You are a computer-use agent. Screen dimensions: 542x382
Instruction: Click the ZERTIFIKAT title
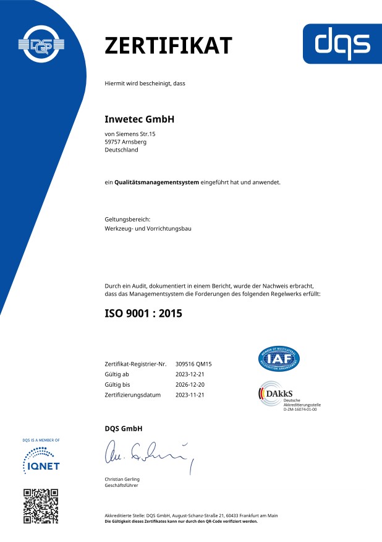(168, 45)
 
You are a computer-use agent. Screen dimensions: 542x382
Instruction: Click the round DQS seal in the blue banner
(43, 46)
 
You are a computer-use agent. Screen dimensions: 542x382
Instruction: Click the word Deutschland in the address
(122, 150)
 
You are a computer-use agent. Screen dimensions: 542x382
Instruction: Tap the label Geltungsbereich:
(127, 219)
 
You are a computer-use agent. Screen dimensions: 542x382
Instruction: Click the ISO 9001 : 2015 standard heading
(143, 314)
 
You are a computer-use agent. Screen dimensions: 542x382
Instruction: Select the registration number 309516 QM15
(193, 364)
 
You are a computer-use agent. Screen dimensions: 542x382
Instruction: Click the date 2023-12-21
(190, 374)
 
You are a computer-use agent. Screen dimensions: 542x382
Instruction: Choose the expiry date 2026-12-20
(190, 384)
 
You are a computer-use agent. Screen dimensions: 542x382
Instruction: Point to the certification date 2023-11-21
(190, 394)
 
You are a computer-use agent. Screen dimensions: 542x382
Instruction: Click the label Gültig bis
(117, 384)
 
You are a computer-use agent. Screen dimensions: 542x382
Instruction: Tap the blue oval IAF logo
(279, 360)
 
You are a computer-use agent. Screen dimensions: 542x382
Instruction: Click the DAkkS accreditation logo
(278, 397)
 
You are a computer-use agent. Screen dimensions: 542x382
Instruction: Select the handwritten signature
(146, 455)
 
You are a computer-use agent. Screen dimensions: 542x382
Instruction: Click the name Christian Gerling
(124, 480)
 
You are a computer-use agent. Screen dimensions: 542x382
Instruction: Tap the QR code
(41, 505)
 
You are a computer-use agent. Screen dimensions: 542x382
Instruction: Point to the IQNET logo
(41, 460)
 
